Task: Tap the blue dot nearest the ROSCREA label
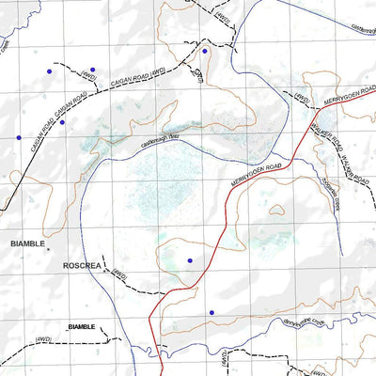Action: pos(190,260)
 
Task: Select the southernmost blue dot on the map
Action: pos(211,312)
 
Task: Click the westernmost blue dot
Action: pos(18,138)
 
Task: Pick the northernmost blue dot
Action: pos(205,51)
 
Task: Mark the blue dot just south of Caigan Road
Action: pos(62,122)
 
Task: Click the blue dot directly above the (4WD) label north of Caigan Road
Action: pos(92,70)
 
